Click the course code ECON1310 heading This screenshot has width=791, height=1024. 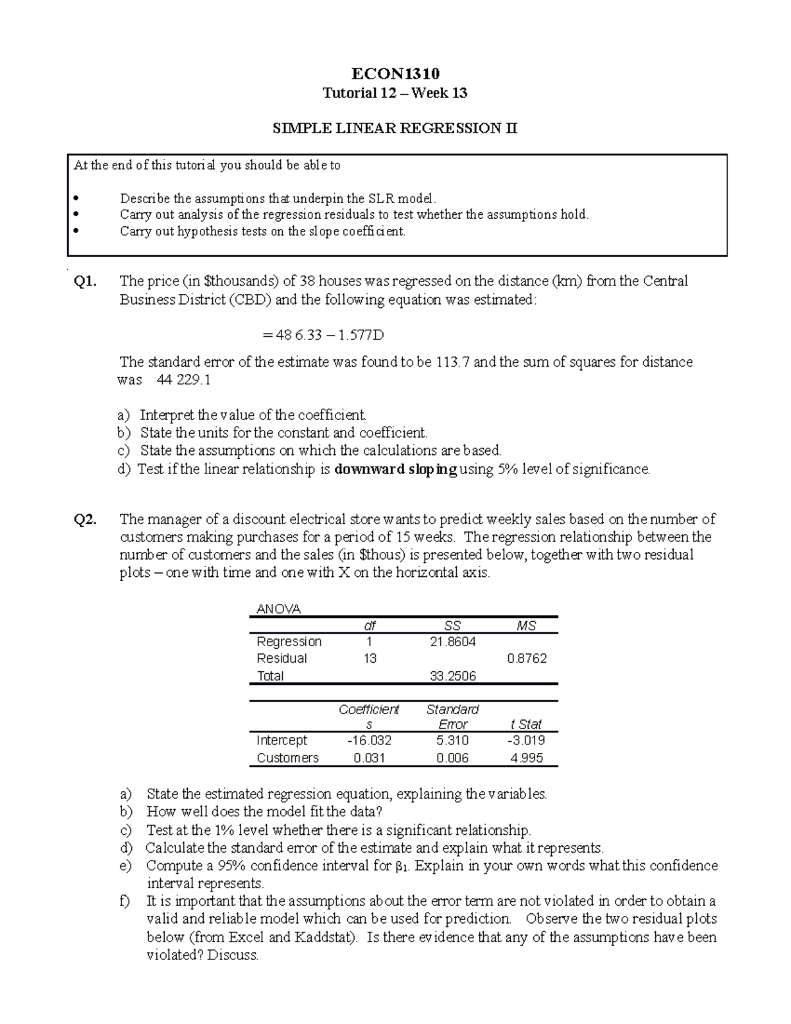[395, 73]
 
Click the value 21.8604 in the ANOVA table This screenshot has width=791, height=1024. [452, 642]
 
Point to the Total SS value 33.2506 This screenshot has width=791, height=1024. [452, 676]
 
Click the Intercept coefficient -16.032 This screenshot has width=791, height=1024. [369, 740]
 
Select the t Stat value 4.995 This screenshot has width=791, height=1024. [527, 758]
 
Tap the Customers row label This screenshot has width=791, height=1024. [287, 758]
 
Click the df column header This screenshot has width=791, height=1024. [370, 626]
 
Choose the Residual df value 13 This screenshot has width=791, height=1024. [370, 658]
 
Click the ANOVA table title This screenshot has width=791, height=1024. [278, 609]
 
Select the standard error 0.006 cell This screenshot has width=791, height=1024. [452, 758]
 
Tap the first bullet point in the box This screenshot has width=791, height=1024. [77, 198]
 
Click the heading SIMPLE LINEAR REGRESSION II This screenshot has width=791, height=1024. [395, 129]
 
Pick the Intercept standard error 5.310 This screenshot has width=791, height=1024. [452, 740]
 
